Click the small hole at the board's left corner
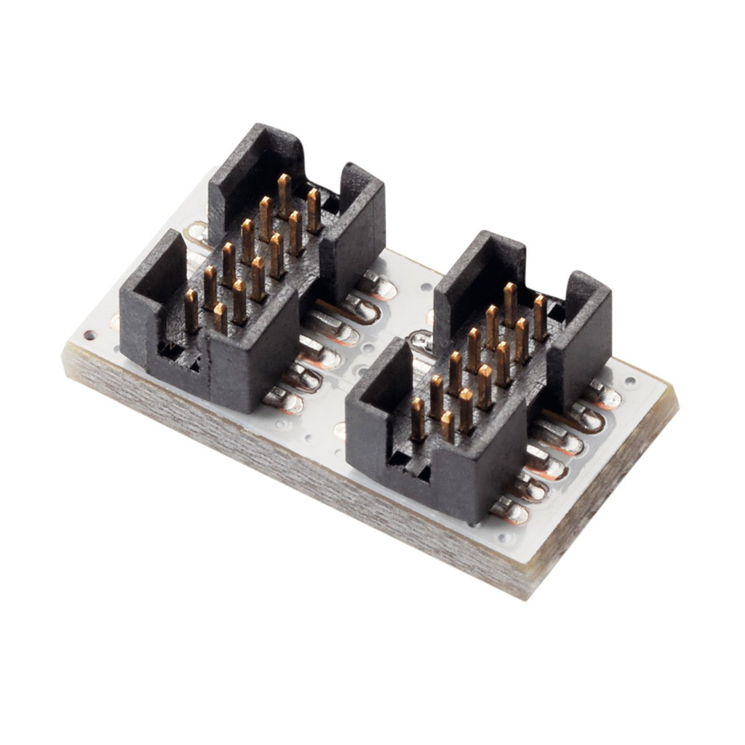tap(89, 335)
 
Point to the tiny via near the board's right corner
tap(630, 380)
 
